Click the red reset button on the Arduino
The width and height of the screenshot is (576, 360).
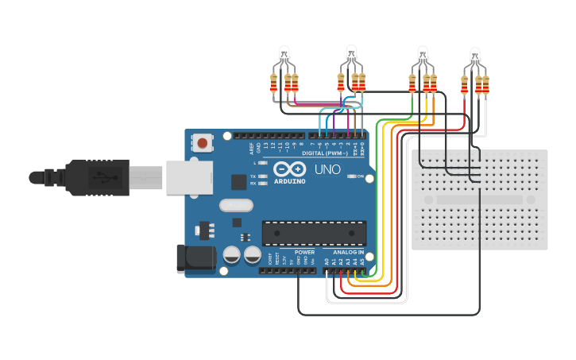tap(203, 144)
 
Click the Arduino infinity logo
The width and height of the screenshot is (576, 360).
tap(290, 169)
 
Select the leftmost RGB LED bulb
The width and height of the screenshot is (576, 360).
tap(284, 54)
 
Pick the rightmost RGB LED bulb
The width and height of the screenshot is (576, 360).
tap(475, 55)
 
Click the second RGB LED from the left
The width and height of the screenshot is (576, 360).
tap(351, 54)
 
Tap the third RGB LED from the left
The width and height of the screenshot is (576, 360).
tap(423, 54)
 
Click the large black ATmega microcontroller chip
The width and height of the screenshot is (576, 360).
tap(314, 233)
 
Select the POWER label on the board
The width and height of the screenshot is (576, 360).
tap(304, 252)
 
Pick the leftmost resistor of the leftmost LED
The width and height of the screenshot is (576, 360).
tap(274, 83)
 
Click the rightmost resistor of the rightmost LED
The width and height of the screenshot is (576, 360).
tap(485, 83)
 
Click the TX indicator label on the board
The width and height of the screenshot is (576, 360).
tap(253, 176)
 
